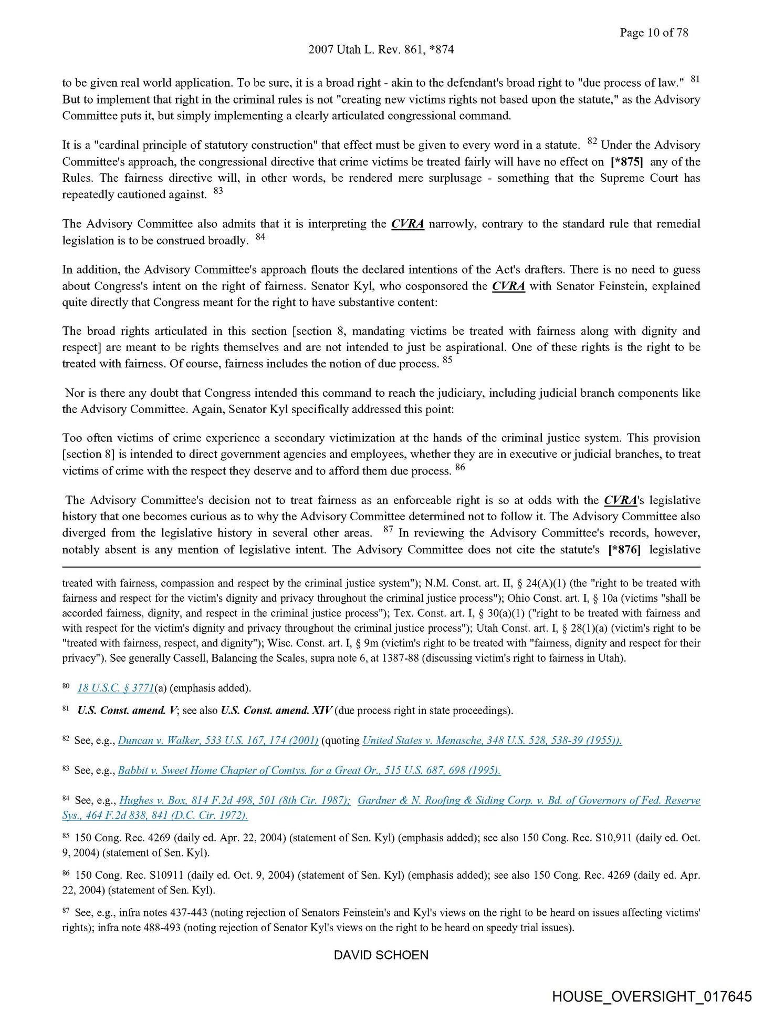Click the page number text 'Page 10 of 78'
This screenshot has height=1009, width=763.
[x=653, y=33]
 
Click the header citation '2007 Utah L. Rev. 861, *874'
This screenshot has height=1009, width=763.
[x=381, y=49]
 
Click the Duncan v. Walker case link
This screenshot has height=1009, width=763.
[x=218, y=740]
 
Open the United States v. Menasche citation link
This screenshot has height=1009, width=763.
[x=492, y=740]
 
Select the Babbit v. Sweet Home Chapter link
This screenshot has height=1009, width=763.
[x=309, y=770]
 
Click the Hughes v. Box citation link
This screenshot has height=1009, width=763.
[x=235, y=800]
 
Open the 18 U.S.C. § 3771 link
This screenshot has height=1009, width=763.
[x=116, y=687]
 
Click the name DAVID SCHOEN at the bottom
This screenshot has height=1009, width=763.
[x=381, y=955]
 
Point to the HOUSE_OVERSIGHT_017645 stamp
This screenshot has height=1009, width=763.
[x=652, y=996]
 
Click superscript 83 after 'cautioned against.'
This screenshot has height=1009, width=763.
[x=218, y=191]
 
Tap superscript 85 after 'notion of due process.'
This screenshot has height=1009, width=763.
[x=447, y=360]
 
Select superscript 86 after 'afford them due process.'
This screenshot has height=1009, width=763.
[x=460, y=467]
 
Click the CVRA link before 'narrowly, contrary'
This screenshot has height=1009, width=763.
[x=407, y=224]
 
